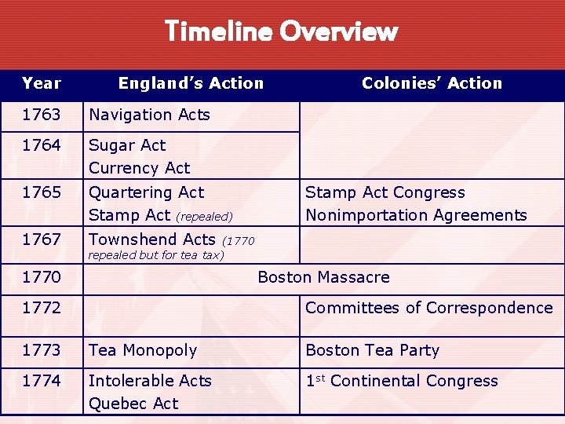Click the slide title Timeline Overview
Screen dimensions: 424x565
[282, 31]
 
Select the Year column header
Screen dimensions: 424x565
[42, 83]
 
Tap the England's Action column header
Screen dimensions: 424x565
[191, 83]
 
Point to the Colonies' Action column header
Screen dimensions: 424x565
[432, 83]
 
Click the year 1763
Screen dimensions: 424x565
[42, 115]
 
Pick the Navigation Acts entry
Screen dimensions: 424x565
[149, 115]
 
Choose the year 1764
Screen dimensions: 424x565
[42, 145]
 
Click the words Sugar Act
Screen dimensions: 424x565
[127, 145]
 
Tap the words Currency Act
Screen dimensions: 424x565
[139, 168]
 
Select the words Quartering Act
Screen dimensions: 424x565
[146, 192]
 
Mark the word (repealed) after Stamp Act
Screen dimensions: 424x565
[204, 216]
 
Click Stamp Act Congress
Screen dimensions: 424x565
[385, 192]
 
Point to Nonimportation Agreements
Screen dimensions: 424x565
[416, 215]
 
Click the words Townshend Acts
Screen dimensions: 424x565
[151, 239]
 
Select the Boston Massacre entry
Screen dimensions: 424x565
[323, 277]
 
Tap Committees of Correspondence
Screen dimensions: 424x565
[428, 308]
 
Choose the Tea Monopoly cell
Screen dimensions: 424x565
[143, 350]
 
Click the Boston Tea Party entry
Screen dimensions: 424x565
[372, 350]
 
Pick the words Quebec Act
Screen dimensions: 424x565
[133, 404]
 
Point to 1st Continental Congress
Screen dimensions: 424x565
[402, 381]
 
